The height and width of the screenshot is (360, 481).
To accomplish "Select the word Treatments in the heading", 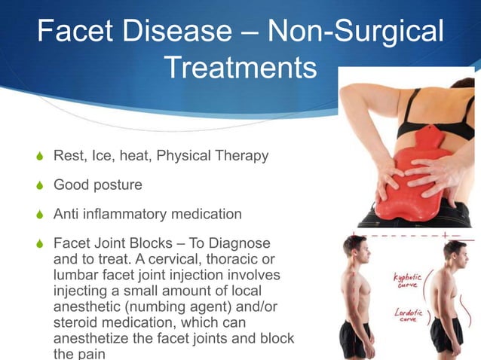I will pyautogui.click(x=240, y=68).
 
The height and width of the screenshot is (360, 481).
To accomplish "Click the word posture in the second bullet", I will pyautogui.click(x=120, y=185).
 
